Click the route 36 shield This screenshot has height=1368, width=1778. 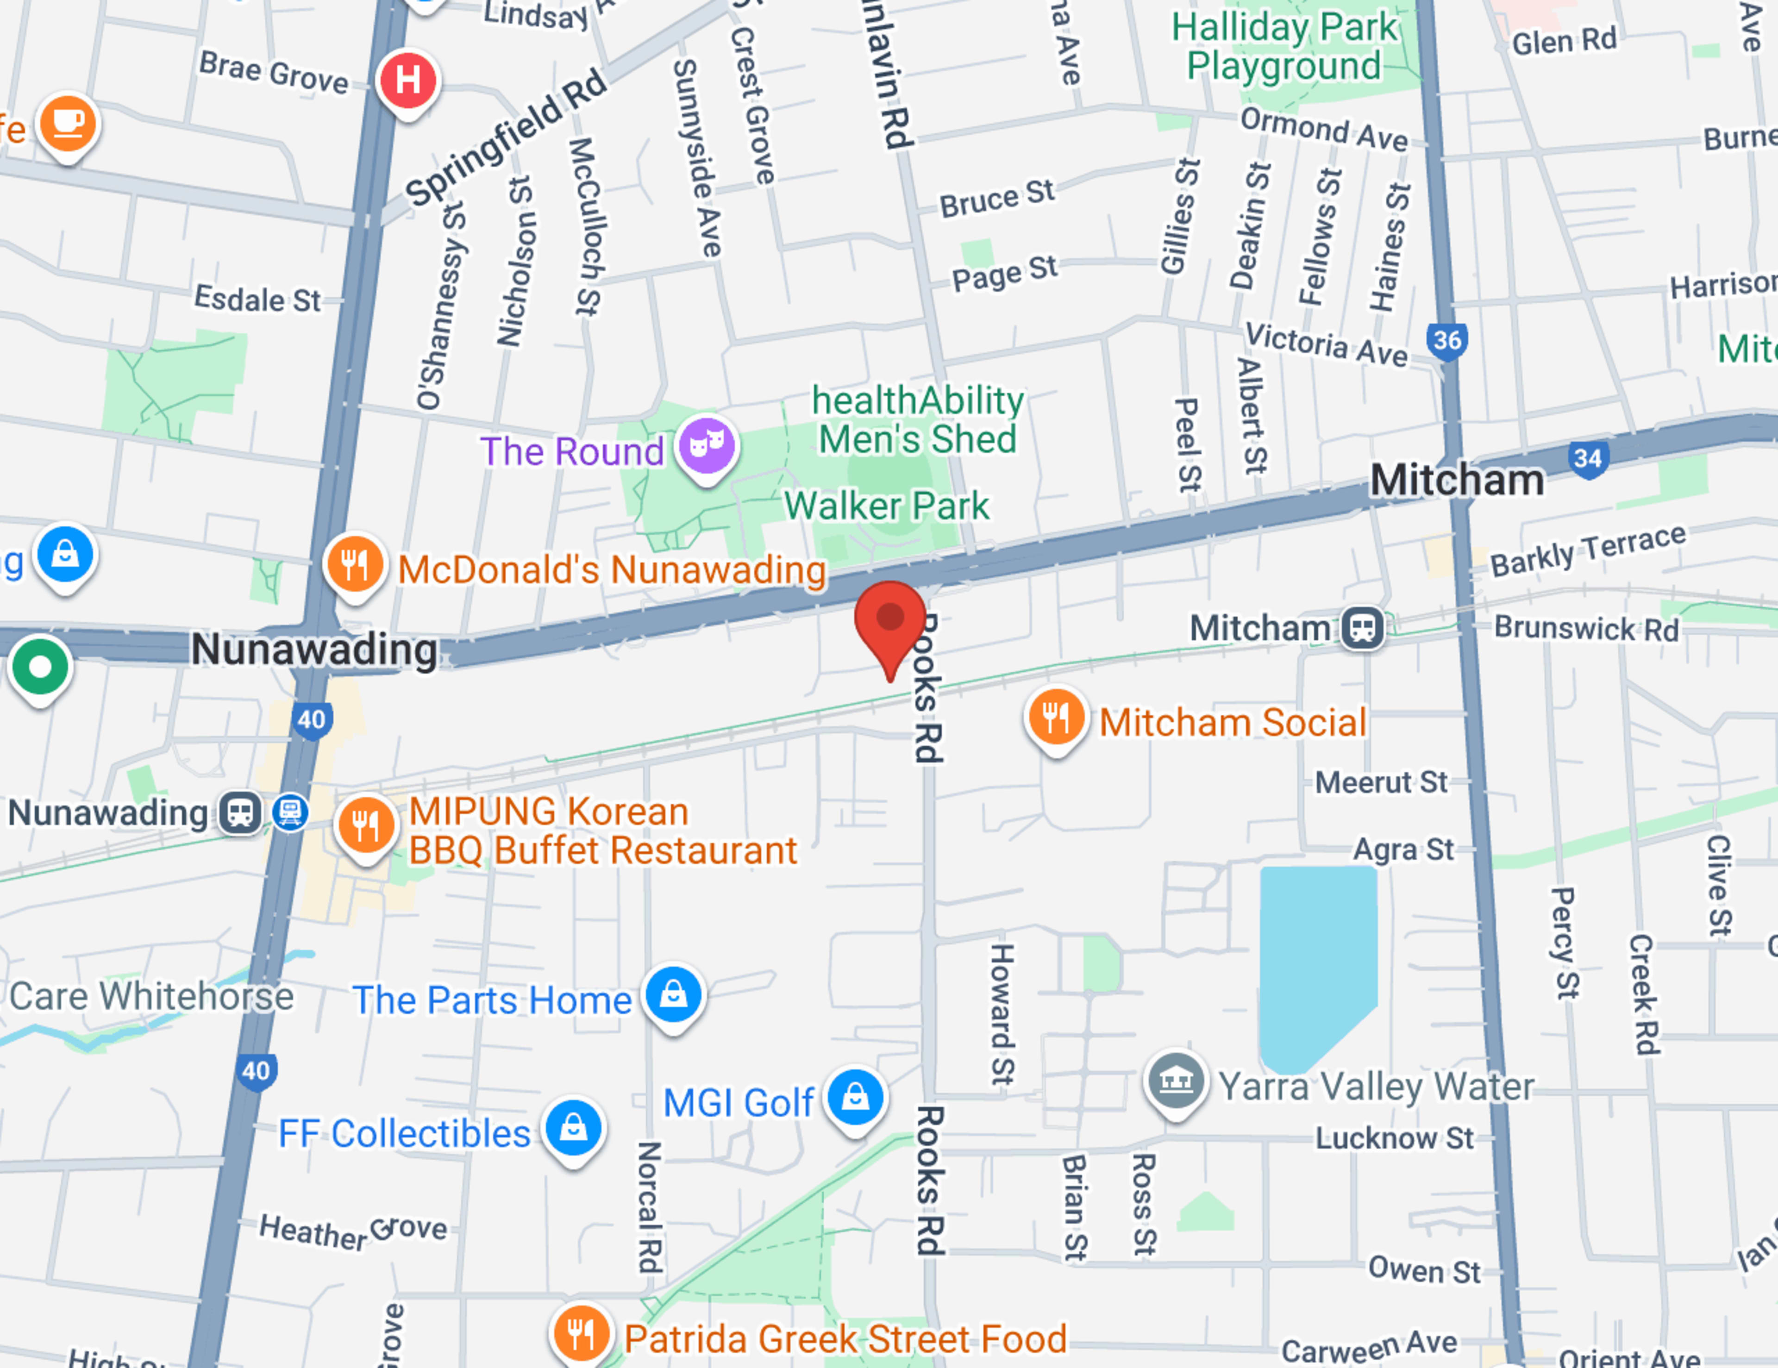[1446, 340]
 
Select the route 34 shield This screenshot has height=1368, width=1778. [1588, 458]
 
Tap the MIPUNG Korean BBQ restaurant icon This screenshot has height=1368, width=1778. [365, 825]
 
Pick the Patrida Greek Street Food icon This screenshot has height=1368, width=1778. [581, 1333]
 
